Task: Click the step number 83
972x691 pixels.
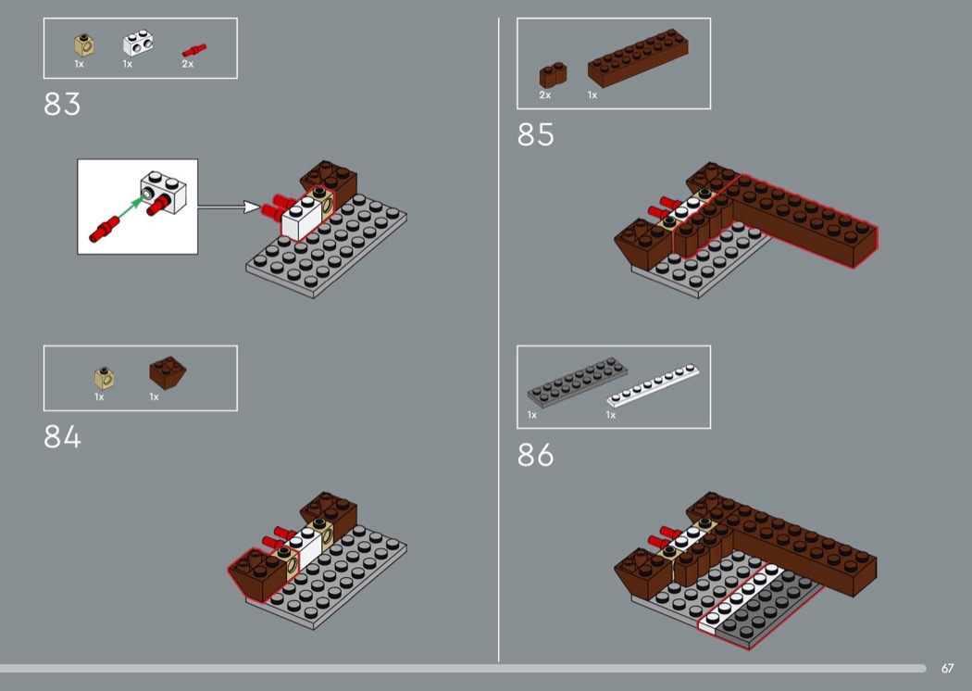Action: [x=62, y=105]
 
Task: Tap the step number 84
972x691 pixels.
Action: [x=62, y=436]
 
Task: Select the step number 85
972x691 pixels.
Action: [x=536, y=134]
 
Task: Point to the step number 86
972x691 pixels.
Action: [x=536, y=455]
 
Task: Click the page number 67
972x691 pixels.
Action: [x=947, y=668]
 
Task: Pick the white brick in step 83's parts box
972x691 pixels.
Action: [x=138, y=43]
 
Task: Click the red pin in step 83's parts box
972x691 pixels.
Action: [x=194, y=50]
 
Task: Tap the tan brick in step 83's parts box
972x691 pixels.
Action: [x=83, y=45]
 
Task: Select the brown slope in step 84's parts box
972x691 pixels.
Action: [x=168, y=372]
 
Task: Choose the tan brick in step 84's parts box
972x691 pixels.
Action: [x=104, y=377]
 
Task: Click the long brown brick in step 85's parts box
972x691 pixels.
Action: [x=638, y=57]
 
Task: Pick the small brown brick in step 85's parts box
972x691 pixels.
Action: [x=553, y=75]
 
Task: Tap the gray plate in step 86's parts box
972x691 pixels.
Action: [x=577, y=383]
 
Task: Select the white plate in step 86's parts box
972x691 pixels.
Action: [x=653, y=385]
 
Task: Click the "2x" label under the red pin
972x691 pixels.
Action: [x=188, y=64]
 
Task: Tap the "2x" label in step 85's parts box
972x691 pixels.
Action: [x=545, y=94]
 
